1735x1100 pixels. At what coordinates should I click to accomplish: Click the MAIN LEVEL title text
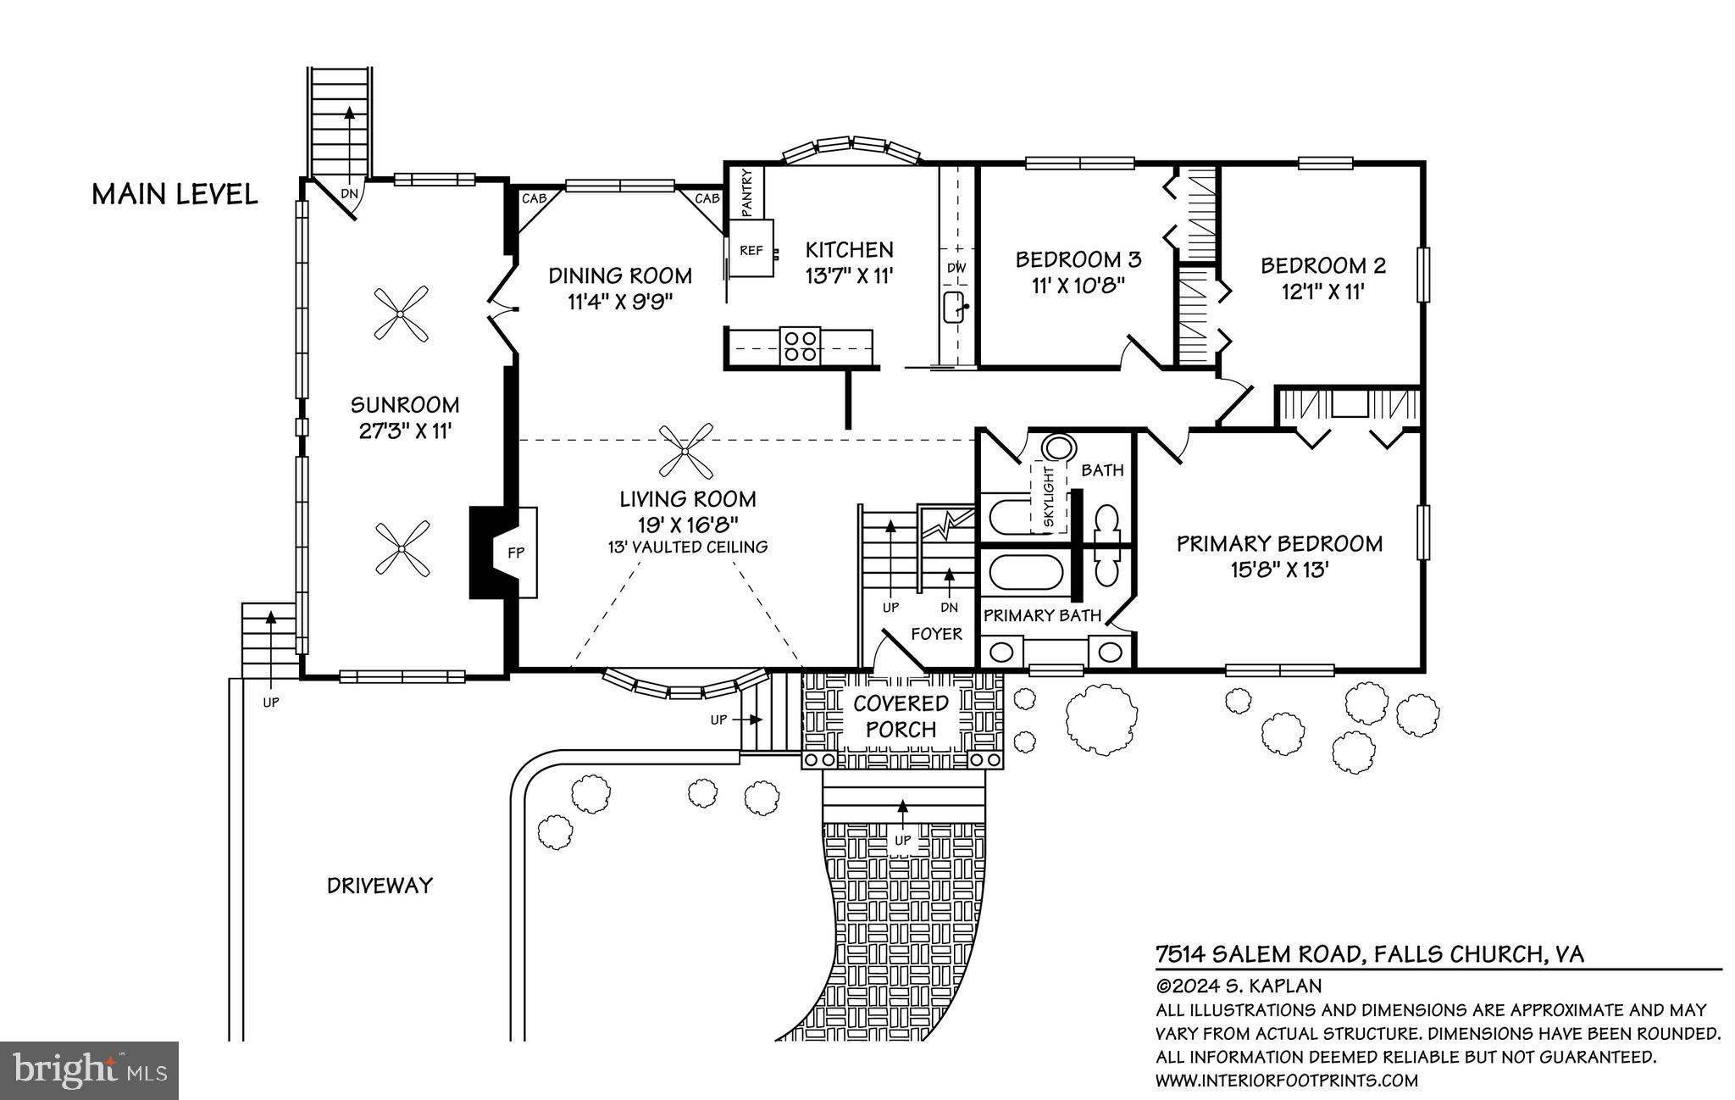pyautogui.click(x=175, y=195)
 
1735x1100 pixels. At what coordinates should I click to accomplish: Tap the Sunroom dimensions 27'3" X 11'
pyautogui.click(x=405, y=431)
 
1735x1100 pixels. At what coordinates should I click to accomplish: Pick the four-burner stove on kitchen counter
pyautogui.click(x=801, y=346)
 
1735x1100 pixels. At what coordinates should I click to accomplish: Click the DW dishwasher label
pyautogui.click(x=956, y=268)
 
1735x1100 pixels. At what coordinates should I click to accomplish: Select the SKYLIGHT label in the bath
pyautogui.click(x=1049, y=497)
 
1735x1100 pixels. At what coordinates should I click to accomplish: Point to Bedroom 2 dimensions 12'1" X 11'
pyautogui.click(x=1322, y=292)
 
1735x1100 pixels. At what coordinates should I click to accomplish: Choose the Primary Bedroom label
pyautogui.click(x=1279, y=544)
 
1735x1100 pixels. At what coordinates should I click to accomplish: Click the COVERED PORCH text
pyautogui.click(x=901, y=716)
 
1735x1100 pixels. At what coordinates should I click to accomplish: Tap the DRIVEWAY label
pyautogui.click(x=380, y=886)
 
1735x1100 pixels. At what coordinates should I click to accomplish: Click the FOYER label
pyautogui.click(x=936, y=634)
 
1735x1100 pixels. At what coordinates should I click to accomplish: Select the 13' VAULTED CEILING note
pyautogui.click(x=687, y=547)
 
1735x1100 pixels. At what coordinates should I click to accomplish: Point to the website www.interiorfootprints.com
pyautogui.click(x=1286, y=1081)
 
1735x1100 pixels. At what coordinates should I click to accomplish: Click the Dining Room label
pyautogui.click(x=620, y=275)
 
